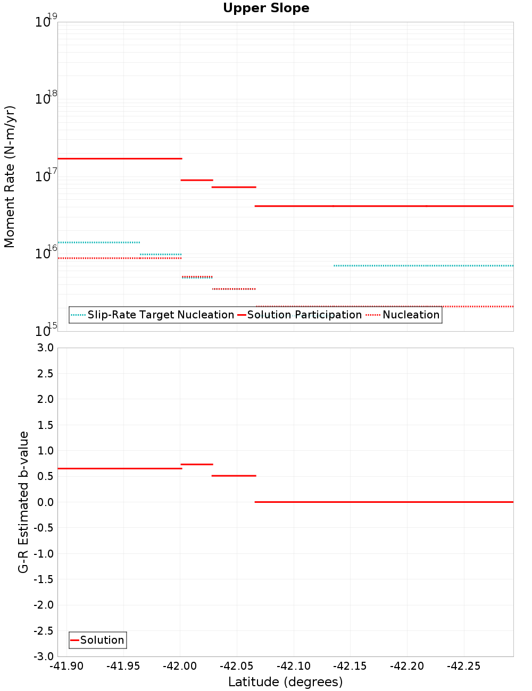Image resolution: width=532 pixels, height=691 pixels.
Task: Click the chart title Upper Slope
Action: click(x=266, y=9)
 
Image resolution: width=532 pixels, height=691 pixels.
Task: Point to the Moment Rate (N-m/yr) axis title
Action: click(x=10, y=176)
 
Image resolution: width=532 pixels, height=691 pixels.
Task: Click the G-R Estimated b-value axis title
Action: click(x=23, y=502)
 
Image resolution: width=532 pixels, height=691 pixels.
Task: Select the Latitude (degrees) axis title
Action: click(x=285, y=682)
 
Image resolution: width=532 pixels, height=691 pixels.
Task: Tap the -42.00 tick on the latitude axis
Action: click(x=180, y=667)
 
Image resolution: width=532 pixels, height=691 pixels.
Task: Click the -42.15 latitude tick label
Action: click(x=350, y=667)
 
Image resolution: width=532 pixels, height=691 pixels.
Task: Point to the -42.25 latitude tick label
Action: click(x=463, y=667)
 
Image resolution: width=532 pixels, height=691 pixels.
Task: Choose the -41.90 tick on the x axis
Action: click(x=66, y=667)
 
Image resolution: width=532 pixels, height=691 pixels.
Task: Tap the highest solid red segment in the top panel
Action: click(x=120, y=158)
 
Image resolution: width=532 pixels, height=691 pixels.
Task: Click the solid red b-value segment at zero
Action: click(x=383, y=502)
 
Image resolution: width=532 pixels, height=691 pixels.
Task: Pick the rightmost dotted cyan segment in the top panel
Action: click(x=423, y=265)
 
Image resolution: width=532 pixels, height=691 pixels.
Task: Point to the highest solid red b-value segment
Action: click(x=197, y=464)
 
